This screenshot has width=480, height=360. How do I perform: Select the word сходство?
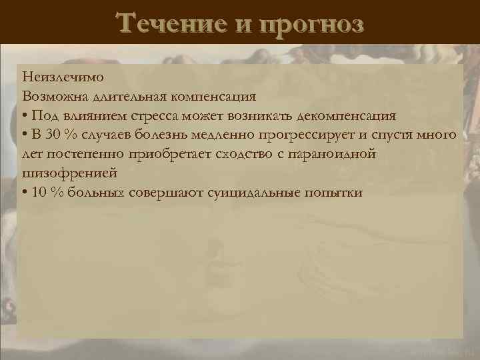tap(245, 154)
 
